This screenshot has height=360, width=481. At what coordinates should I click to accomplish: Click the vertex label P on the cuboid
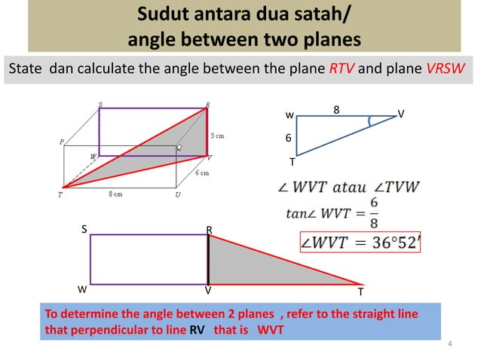tap(61, 141)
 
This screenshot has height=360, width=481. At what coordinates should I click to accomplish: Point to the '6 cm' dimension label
tap(202, 173)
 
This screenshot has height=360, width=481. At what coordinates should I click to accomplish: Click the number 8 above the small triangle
tap(336, 110)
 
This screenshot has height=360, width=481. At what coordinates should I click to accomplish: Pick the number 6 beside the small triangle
tap(287, 139)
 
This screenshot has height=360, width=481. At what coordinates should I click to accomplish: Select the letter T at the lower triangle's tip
tap(360, 291)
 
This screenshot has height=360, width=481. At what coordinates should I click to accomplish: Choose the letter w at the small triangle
tap(290, 115)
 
